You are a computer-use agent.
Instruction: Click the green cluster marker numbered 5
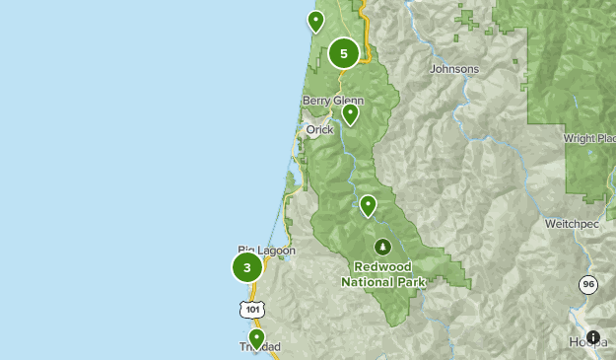[x=344, y=54]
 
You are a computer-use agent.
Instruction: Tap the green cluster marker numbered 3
[x=247, y=267]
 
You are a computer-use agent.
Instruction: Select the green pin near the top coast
[x=315, y=21]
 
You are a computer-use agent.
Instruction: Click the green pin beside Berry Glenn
[x=350, y=114]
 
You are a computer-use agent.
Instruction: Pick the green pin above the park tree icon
[x=368, y=205]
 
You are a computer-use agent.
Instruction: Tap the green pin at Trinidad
[x=256, y=338]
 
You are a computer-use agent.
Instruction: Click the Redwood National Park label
[x=382, y=274]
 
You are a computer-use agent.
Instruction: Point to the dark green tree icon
[x=382, y=246]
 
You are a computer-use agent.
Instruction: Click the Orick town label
[x=319, y=129]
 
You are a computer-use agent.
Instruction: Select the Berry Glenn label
[x=333, y=101]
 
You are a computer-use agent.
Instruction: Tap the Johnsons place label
[x=454, y=69]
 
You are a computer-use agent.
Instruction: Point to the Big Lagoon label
[x=266, y=251]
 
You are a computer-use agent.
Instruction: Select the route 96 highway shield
[x=588, y=285]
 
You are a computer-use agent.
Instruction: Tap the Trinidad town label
[x=260, y=347]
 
